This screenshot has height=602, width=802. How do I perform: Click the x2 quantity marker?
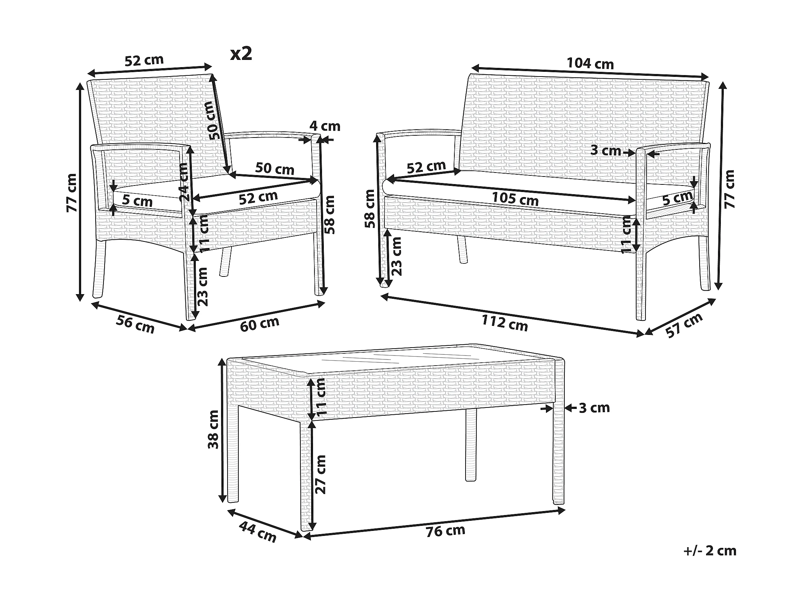pos(241,54)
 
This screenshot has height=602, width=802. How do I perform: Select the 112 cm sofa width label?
pos(504,323)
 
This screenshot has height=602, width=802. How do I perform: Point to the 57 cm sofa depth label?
pos(685,325)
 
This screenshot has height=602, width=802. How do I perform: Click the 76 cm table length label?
pos(445,531)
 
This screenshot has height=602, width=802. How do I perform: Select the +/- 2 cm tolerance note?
pos(710,551)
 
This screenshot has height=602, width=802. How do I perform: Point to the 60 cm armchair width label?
pos(260,324)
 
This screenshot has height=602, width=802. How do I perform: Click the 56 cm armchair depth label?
pos(135,324)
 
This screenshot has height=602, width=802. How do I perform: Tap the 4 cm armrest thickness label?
pos(325,126)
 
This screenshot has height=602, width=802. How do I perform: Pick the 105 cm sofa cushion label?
pos(515,199)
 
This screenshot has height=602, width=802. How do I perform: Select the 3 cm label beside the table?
pos(594,408)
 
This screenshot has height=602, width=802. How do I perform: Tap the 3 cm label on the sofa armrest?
pos(605,150)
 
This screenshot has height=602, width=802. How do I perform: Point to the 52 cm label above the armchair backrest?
pos(144,60)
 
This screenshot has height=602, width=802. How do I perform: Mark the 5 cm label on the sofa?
pos(677,198)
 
